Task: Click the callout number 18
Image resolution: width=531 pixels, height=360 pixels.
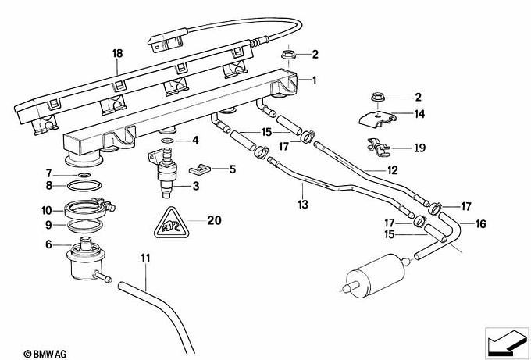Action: point(117,54)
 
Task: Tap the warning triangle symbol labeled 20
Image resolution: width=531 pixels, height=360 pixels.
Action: point(171,223)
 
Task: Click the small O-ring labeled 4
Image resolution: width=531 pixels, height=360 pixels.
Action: point(167,141)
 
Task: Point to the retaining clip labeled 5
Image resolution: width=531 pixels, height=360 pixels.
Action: point(199,169)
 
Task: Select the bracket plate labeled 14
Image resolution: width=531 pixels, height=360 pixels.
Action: point(377,119)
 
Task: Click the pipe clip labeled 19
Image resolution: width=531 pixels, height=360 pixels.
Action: point(378,148)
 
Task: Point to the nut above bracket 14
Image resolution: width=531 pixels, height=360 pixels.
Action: point(377,97)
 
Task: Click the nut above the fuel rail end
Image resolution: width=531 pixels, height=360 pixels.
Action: point(288,54)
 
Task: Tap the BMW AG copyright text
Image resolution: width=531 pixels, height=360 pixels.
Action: point(45,355)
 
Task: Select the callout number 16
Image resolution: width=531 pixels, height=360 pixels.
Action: point(480,224)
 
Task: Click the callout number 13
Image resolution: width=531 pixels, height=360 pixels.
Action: point(303,205)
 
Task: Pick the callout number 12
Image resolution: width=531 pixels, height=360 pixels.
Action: point(393,170)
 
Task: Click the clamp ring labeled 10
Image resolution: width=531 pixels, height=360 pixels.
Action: point(89,209)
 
